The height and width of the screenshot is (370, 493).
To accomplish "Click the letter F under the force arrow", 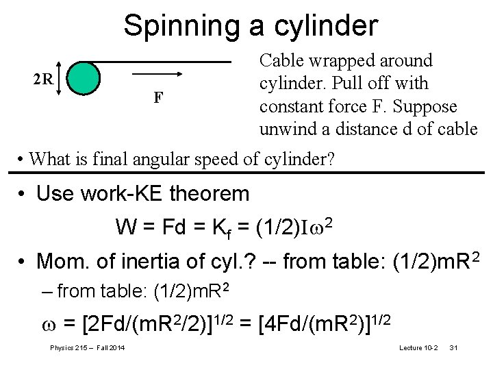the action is tap(158, 97).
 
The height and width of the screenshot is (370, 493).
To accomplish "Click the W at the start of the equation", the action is tap(125, 226).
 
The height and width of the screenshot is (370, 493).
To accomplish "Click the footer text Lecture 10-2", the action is tap(418, 349).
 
